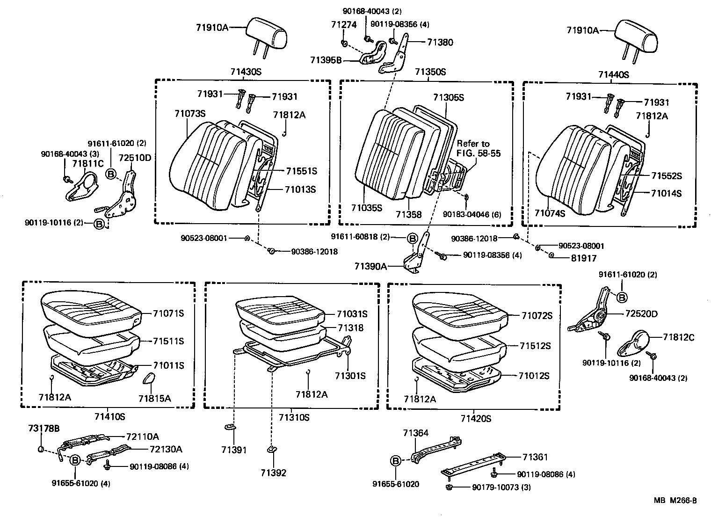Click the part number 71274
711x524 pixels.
point(344,25)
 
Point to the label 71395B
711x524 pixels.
point(326,60)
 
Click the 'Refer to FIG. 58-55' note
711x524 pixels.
point(479,148)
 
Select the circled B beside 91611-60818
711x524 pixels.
point(412,239)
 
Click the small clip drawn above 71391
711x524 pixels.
point(230,427)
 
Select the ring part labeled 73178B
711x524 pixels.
point(41,450)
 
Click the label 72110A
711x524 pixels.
point(142,437)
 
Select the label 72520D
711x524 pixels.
point(641,314)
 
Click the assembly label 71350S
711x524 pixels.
point(430,72)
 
